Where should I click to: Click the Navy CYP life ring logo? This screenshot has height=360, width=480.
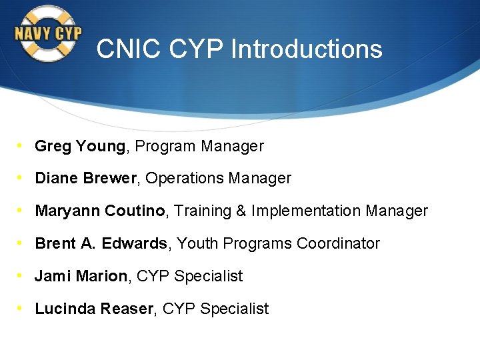(x=48, y=33)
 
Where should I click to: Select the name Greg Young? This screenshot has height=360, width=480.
(x=80, y=146)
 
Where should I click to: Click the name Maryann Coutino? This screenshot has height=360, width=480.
(x=100, y=211)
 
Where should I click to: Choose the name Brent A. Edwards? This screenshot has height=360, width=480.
(x=101, y=244)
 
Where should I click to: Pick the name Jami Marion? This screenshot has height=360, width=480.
(x=81, y=276)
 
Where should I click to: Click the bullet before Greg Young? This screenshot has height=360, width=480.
(x=21, y=145)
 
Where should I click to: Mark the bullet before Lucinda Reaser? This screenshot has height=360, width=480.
(x=21, y=308)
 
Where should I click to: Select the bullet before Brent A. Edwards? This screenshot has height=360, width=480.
(x=21, y=243)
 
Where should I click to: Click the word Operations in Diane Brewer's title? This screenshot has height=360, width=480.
(x=184, y=179)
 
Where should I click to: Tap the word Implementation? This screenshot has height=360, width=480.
(x=305, y=211)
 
